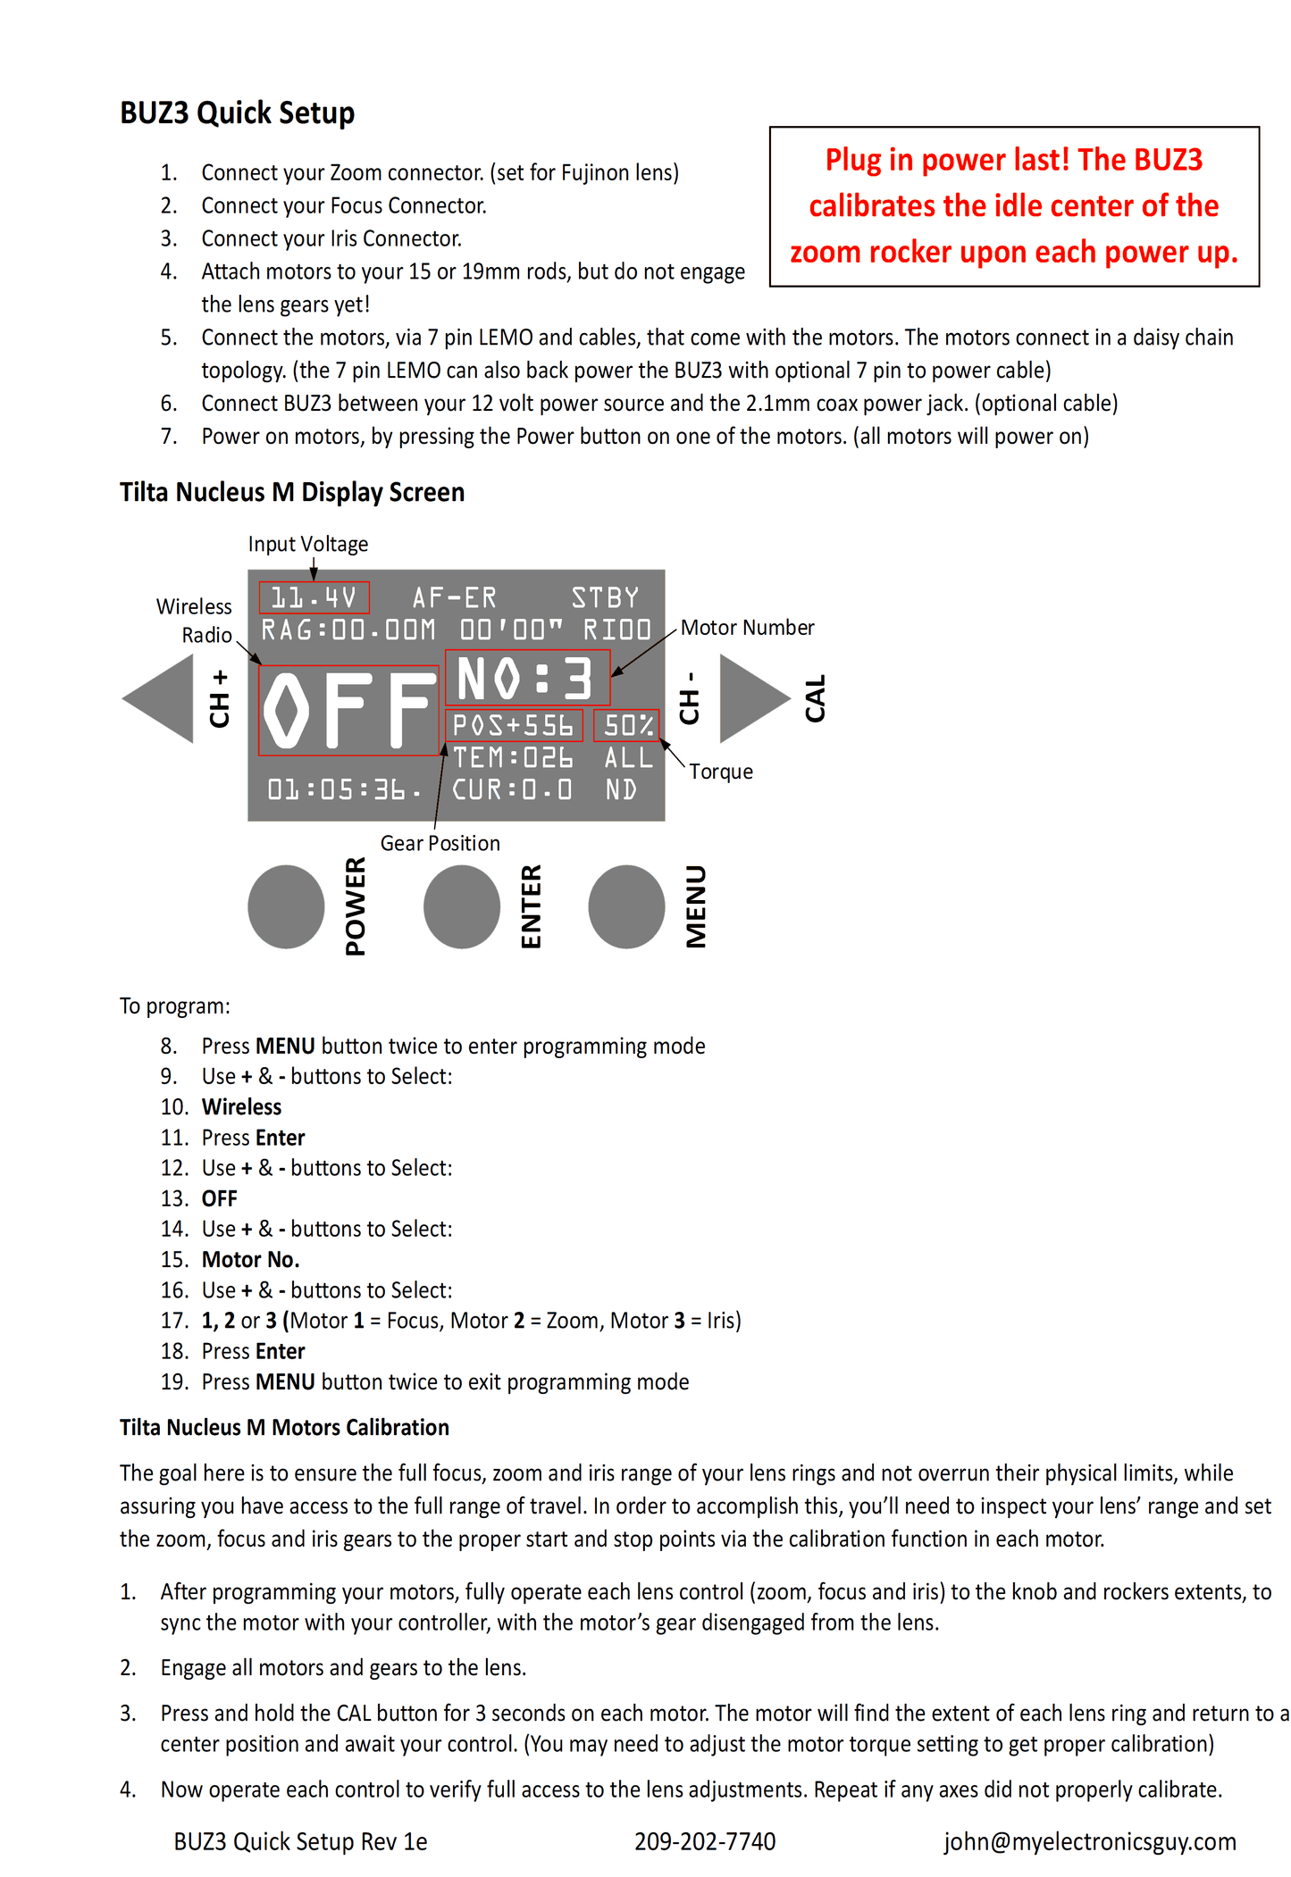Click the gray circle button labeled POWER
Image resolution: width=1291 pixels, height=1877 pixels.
coord(286,906)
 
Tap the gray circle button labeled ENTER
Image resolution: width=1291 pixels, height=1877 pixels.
coord(462,906)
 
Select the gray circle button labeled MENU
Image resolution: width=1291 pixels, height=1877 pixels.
coord(626,906)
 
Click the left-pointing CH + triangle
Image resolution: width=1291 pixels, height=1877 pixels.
coord(158,698)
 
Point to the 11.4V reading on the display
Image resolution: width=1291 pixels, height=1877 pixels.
coord(314,597)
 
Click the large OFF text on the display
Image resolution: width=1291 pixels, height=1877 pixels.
coord(349,710)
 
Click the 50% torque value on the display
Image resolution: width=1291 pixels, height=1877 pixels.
coord(629,725)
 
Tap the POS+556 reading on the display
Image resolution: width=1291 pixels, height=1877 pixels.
coord(513,725)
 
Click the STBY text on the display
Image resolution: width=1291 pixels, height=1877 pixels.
coord(606,597)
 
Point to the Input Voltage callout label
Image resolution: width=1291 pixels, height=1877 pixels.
coord(308,544)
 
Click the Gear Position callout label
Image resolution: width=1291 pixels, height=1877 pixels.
coord(440,843)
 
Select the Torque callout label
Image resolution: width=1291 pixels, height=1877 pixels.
coord(721,772)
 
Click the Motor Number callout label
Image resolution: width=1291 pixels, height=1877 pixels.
coord(748,628)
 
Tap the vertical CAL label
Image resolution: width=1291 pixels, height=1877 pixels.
coord(816,698)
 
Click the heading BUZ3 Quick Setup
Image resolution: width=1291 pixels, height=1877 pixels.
coord(238,113)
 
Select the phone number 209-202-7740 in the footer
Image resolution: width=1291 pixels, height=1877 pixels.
coord(705,1841)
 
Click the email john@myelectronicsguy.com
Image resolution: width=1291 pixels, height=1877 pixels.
coord(1090,1841)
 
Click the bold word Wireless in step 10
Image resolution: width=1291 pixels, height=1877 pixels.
coord(241,1107)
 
